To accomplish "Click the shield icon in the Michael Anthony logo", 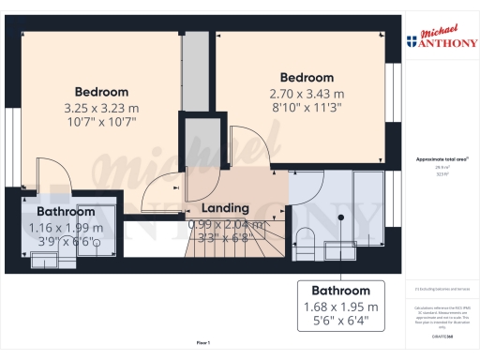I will tap(411, 40).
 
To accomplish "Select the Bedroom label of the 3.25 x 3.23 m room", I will tap(101, 92).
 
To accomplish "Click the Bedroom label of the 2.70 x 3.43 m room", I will tap(307, 77).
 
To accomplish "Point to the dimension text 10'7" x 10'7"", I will tap(101, 122).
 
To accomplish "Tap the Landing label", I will tap(225, 207).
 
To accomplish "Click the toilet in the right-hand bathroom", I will tap(305, 235).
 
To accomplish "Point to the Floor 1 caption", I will tap(203, 343).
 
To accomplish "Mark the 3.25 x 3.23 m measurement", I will tap(101, 107).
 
